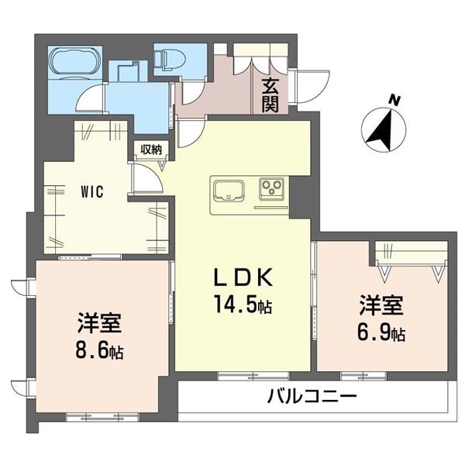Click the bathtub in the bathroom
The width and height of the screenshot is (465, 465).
tap(74, 62)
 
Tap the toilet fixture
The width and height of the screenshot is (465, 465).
tap(167, 60)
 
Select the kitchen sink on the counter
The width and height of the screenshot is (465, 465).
tap(227, 191)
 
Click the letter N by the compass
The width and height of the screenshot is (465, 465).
tap(394, 99)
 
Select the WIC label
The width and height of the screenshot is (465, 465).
tap(85, 189)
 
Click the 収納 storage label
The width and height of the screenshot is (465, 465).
tap(150, 149)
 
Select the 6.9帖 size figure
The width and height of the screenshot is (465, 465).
tap(382, 334)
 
